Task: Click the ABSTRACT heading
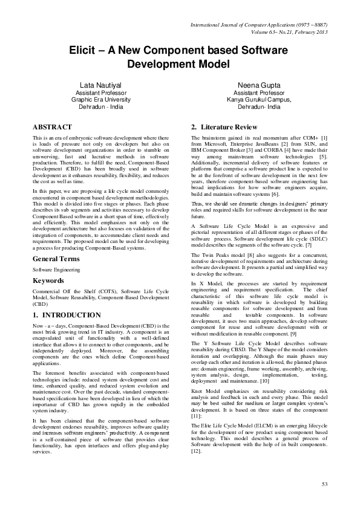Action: coord(53,127)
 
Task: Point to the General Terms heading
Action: coord(57,241)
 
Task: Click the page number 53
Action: coord(325,484)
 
